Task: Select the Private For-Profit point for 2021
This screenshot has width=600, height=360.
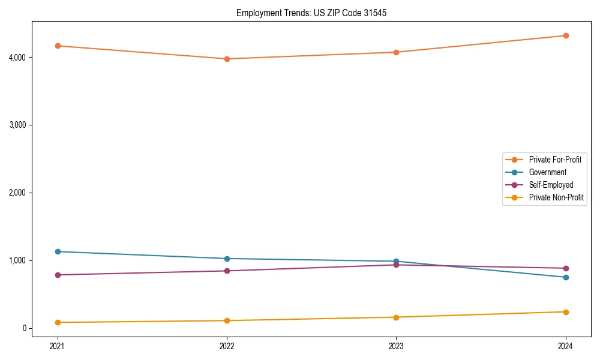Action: tap(58, 46)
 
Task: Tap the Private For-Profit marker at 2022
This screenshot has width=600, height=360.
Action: tap(227, 59)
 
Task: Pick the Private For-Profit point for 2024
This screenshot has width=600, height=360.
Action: tap(566, 35)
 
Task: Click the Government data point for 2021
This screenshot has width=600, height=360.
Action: tap(58, 251)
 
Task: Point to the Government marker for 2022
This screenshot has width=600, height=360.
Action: tap(227, 259)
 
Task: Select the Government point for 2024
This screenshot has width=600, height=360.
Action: tap(566, 277)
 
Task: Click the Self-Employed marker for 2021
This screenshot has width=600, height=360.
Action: tap(58, 275)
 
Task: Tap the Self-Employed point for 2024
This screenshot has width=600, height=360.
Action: tap(566, 268)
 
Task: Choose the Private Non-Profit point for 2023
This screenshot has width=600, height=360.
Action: tap(396, 317)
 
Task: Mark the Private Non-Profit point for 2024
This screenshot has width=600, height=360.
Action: tap(566, 312)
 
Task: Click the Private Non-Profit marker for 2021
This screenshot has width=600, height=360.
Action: tap(58, 322)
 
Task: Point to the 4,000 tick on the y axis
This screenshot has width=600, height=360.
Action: tap(16, 58)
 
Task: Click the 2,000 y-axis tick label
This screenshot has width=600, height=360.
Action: tap(16, 193)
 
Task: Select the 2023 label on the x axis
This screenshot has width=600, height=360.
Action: tap(396, 346)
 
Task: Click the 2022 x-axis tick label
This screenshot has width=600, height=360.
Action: tap(227, 346)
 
